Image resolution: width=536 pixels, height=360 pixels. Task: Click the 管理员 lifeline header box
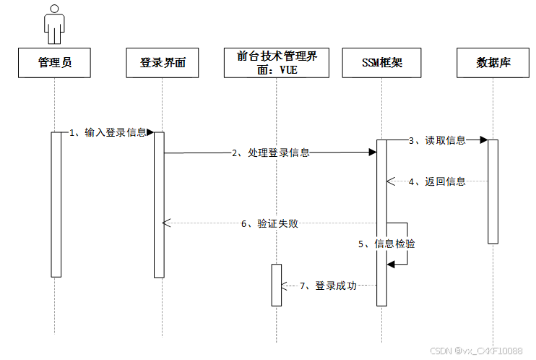(x=55, y=63)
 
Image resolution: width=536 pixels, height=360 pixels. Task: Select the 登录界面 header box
(x=163, y=63)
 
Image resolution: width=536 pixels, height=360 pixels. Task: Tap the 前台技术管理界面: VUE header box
(x=277, y=63)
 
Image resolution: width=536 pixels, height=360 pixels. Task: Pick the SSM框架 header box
(x=381, y=63)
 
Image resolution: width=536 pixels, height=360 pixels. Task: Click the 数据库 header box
(x=493, y=63)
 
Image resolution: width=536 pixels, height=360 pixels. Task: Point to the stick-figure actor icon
(x=55, y=25)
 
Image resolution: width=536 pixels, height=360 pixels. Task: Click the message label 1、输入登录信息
(x=108, y=132)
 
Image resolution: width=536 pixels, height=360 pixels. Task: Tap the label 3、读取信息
(x=437, y=140)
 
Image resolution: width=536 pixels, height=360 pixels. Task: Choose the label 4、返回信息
(x=437, y=181)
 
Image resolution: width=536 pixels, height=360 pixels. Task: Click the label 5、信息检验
(x=386, y=244)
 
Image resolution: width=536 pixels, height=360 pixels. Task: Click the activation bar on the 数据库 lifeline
(x=493, y=192)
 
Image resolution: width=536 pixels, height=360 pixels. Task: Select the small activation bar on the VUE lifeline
(x=276, y=285)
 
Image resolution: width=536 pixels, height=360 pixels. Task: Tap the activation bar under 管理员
(x=56, y=204)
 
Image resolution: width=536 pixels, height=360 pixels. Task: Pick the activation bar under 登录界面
(x=159, y=204)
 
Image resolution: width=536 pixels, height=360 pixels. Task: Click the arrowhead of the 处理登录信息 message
(x=372, y=153)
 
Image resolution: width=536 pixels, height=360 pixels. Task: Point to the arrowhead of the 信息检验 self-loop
(x=390, y=265)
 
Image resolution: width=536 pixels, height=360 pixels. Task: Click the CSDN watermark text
(x=476, y=351)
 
